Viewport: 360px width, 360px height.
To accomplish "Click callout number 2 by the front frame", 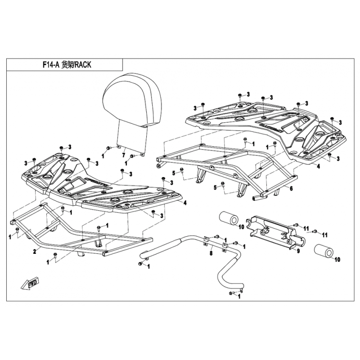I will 35,251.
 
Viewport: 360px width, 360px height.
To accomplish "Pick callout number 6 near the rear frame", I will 291,189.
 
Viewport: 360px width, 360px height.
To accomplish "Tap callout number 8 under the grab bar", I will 210,254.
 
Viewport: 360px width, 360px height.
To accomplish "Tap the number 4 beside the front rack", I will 185,202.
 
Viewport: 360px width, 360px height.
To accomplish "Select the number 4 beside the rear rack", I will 318,166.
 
